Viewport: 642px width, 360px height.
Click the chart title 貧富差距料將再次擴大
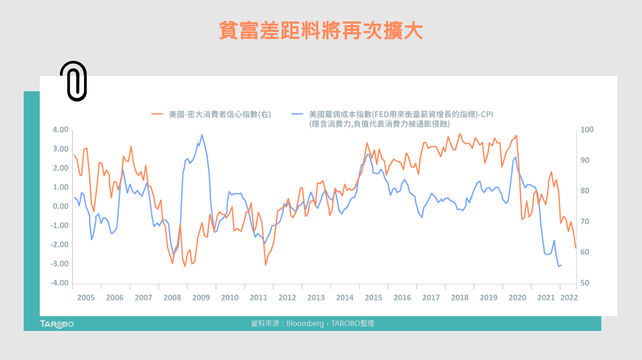[321, 30]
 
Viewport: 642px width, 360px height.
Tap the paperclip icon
[73, 81]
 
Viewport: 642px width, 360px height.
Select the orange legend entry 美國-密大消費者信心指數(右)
[211, 114]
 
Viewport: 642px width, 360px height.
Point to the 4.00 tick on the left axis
[60, 130]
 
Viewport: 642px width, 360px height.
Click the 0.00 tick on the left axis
[60, 207]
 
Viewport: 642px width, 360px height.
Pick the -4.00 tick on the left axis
[59, 283]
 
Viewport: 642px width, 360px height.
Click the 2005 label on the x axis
[86, 298]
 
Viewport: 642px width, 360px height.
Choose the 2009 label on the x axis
[201, 298]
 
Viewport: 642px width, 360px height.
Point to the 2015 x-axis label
[373, 298]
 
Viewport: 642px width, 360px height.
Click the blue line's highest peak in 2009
[202, 135]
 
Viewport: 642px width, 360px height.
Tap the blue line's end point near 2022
[561, 265]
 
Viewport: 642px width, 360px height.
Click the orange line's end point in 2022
[576, 248]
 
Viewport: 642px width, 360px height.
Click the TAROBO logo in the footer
[57, 324]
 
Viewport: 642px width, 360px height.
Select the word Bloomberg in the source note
[305, 323]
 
